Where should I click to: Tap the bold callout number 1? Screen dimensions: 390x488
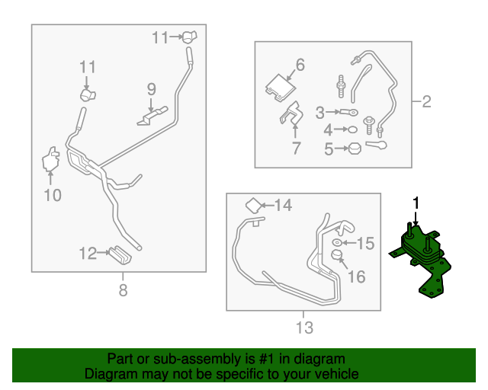(416, 203)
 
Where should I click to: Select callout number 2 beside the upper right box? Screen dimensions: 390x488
(425, 101)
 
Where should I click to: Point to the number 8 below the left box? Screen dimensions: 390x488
(123, 289)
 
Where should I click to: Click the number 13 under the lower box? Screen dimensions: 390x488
(303, 328)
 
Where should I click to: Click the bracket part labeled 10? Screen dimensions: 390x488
(51, 158)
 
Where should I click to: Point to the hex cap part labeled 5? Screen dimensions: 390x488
(355, 149)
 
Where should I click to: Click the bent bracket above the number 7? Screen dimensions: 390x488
(291, 119)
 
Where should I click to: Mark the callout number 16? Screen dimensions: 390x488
(357, 277)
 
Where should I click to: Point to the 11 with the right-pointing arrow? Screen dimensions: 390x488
(160, 37)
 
